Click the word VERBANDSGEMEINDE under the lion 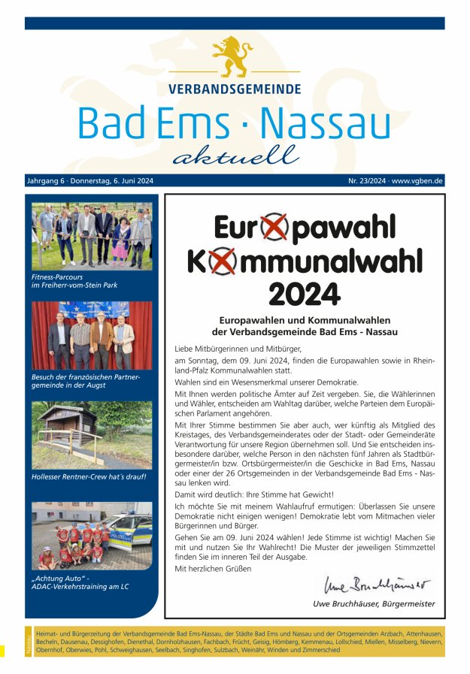[x=235, y=89]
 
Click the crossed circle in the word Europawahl [x=274, y=228]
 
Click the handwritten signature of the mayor [x=378, y=585]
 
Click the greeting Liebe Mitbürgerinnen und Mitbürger [x=237, y=349]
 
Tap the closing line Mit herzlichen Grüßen [x=213, y=568]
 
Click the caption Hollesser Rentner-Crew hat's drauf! [x=89, y=476]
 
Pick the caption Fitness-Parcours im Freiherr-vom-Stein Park [x=74, y=280]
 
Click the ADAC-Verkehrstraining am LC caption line [x=80, y=586]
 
